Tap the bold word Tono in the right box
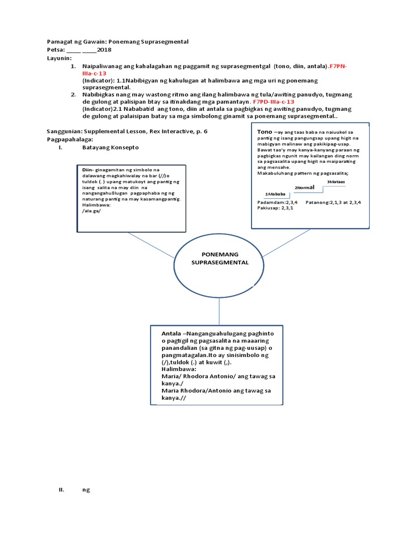coord(265,132)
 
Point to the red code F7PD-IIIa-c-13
coord(273,102)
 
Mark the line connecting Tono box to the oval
coord(282,243)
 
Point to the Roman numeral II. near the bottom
coord(61,490)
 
